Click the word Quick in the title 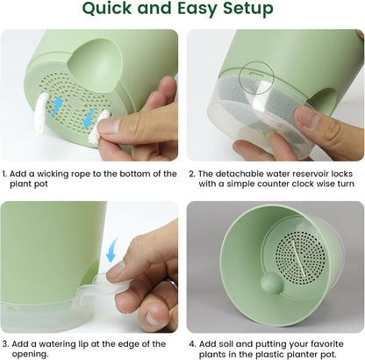(111, 11)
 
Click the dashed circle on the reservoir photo (255, 76)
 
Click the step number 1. (5, 174)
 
